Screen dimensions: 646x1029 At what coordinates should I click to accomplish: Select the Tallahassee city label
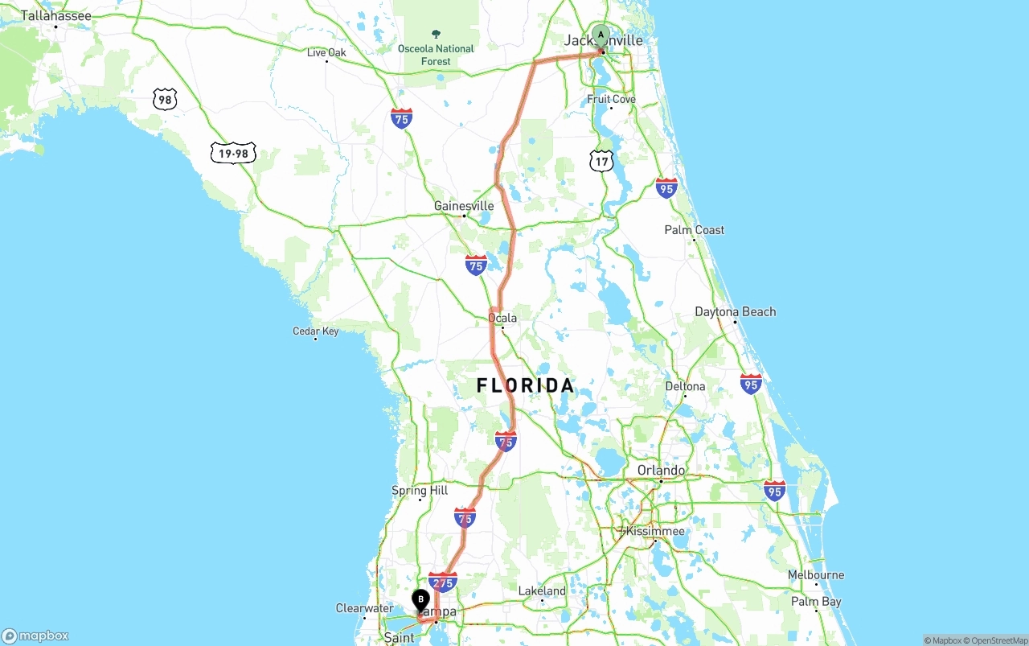[55, 15]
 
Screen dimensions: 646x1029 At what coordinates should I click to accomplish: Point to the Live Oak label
[326, 53]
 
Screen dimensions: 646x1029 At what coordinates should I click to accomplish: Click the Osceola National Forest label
[436, 54]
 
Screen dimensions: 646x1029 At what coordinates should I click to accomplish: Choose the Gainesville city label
[463, 206]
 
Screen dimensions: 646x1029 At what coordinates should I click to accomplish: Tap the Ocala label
[502, 318]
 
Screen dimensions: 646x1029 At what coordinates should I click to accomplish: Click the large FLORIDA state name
[526, 386]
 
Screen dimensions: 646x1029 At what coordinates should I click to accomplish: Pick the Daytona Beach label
[735, 311]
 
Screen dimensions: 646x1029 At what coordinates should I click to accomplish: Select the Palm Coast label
[694, 230]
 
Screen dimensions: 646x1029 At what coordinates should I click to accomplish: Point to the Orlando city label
[661, 470]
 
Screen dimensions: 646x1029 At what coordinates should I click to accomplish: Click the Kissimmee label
[655, 531]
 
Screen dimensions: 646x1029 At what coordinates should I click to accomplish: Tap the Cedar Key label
[316, 331]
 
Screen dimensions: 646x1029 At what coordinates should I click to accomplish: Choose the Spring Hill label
[420, 490]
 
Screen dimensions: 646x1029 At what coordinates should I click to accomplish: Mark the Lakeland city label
[542, 590]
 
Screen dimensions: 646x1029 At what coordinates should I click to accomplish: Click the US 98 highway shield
[165, 100]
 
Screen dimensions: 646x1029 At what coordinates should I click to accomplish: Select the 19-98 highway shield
[233, 153]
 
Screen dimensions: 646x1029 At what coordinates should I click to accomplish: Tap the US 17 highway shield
[601, 161]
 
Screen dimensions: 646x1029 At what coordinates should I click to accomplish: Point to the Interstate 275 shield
[443, 582]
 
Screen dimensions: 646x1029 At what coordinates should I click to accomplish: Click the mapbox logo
[35, 636]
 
